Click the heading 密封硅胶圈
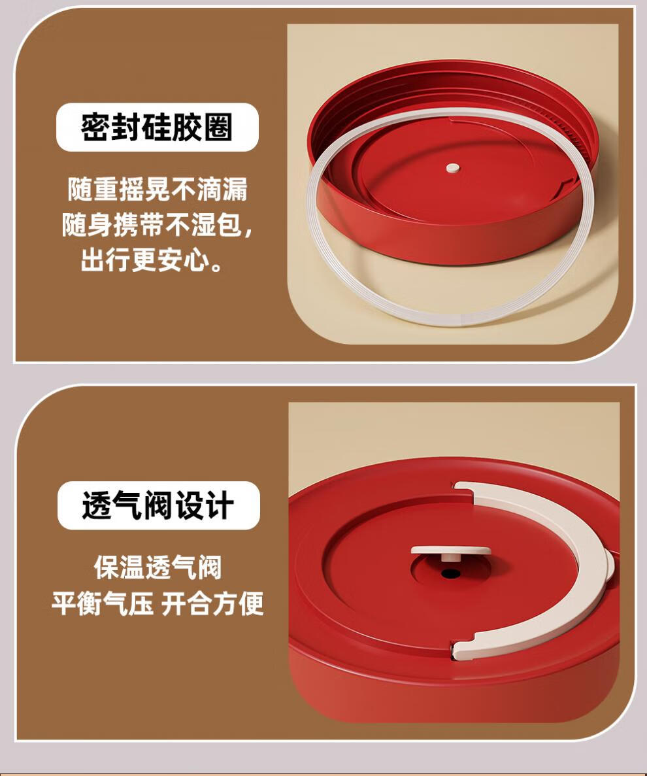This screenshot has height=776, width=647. tap(157, 127)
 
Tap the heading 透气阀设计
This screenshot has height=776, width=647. tap(158, 505)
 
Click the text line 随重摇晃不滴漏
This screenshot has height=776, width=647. tap(158, 189)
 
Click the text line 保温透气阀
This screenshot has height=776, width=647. tap(158, 567)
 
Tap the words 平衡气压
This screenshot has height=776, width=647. tap(103, 603)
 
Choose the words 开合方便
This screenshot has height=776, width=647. tap(212, 603)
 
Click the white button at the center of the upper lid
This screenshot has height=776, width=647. tap(453, 168)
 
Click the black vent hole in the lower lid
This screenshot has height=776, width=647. tap(451, 573)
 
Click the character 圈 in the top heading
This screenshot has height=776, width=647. tap(218, 127)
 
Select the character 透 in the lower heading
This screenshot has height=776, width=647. tap(97, 505)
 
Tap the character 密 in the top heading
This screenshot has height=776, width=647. tap(95, 127)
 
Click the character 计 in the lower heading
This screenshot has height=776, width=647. tap(219, 505)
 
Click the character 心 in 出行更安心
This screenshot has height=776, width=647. tap(197, 260)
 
